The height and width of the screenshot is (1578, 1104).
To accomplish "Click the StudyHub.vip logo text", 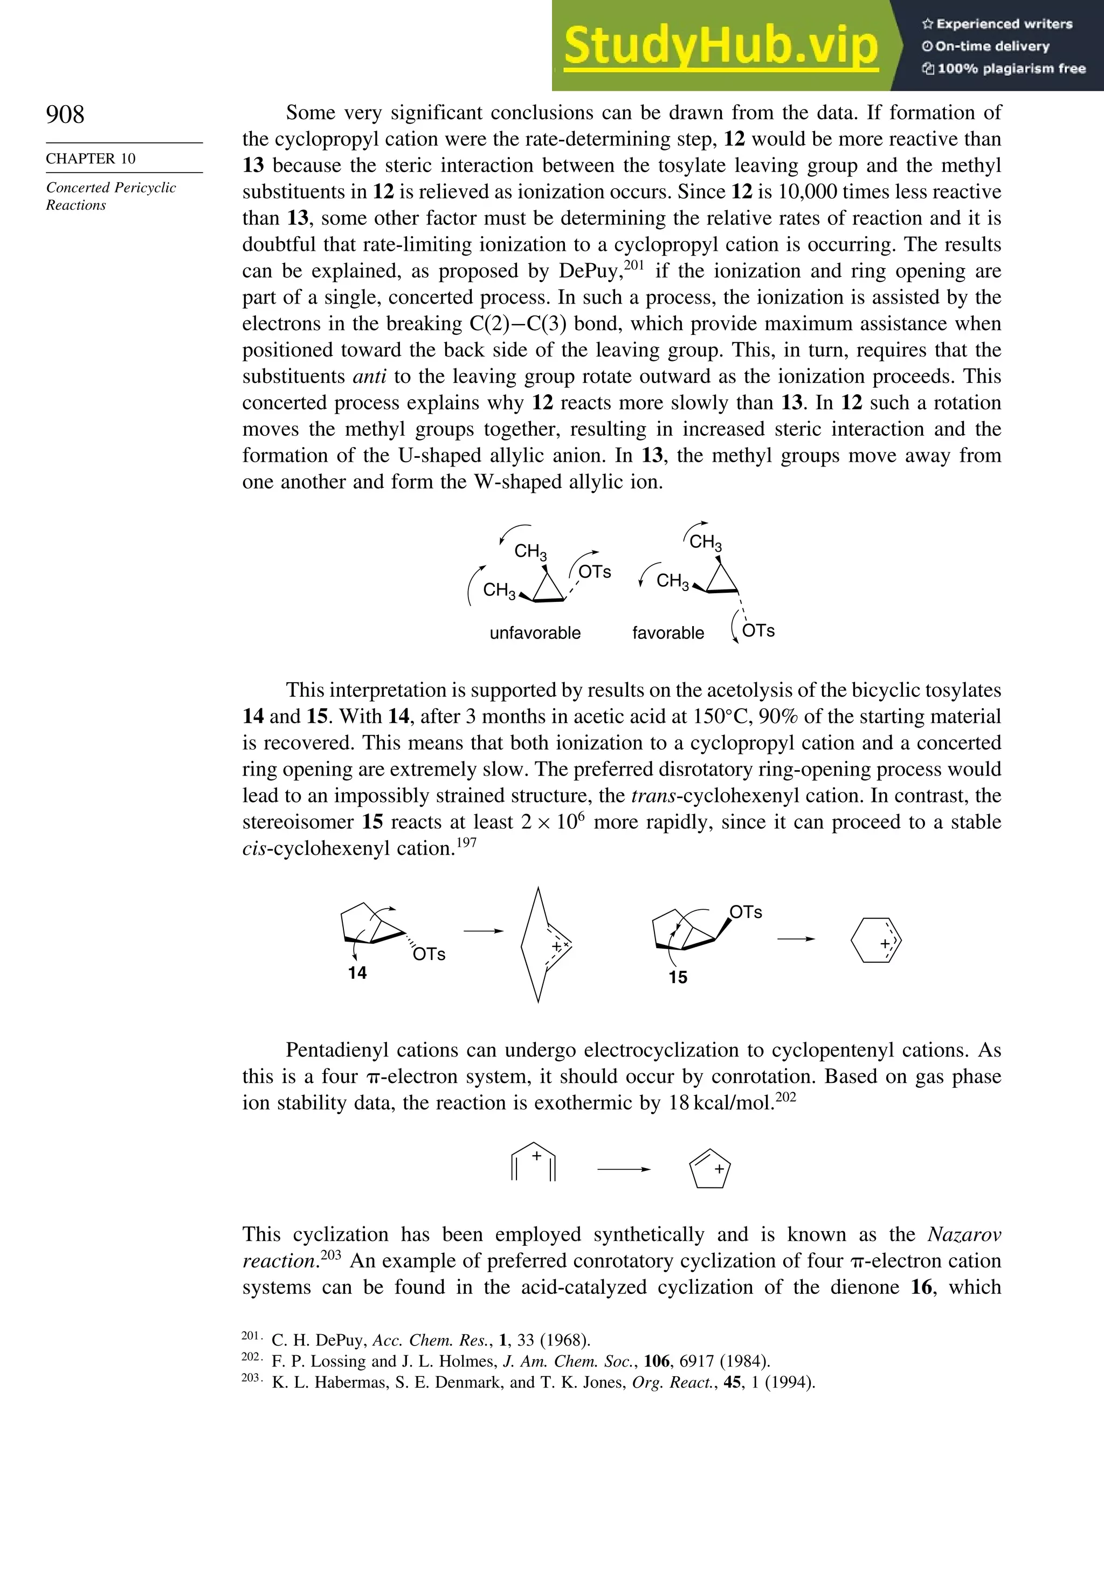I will [x=721, y=45].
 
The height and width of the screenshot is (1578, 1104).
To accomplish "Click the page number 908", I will [x=65, y=114].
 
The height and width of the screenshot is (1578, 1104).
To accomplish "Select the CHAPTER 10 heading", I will [x=91, y=159].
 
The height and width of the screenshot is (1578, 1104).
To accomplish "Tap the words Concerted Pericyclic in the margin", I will [x=111, y=188].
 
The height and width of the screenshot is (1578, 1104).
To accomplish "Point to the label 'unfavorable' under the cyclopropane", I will [x=535, y=633].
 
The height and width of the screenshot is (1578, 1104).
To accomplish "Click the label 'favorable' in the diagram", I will [x=668, y=633].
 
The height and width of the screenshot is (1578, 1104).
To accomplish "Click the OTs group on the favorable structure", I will [x=758, y=631].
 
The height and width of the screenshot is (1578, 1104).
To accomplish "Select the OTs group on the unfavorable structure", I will [x=594, y=572].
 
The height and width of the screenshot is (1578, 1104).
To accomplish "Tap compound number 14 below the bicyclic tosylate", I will [x=357, y=972].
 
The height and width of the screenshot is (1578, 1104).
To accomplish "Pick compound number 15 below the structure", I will [x=678, y=977].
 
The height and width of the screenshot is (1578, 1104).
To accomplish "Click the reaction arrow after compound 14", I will [x=483, y=931].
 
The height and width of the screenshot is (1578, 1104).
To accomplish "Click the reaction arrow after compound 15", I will [x=796, y=939].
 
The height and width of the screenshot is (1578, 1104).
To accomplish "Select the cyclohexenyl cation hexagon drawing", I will [x=876, y=940].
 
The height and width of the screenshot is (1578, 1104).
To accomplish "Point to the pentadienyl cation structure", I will [x=534, y=1162].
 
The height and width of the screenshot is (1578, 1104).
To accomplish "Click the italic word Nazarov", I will [x=964, y=1234].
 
